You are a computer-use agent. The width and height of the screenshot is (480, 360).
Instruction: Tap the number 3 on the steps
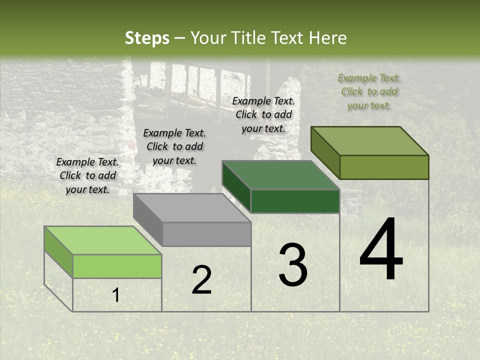[292, 265]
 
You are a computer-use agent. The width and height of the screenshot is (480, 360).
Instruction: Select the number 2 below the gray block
[201, 280]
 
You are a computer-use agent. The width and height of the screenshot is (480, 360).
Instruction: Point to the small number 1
[116, 295]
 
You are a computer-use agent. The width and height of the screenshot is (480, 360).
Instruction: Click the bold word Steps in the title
[147, 38]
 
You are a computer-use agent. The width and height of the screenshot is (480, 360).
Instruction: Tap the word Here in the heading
[329, 38]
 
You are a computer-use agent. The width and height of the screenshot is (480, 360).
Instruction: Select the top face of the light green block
[102, 240]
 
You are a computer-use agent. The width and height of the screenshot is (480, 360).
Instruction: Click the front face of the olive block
[384, 167]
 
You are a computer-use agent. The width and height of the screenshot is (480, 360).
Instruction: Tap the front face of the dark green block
[295, 201]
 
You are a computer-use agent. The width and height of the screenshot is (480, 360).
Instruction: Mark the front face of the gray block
[206, 234]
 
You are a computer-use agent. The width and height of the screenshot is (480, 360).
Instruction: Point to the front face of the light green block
[117, 266]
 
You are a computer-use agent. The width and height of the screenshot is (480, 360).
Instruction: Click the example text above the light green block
[87, 175]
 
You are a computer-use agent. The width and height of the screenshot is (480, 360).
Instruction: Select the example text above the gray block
[174, 146]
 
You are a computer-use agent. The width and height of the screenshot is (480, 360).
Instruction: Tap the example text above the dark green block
[263, 114]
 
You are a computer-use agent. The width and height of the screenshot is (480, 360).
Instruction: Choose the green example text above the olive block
[369, 91]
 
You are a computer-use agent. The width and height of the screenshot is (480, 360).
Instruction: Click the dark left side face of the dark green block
[236, 186]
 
